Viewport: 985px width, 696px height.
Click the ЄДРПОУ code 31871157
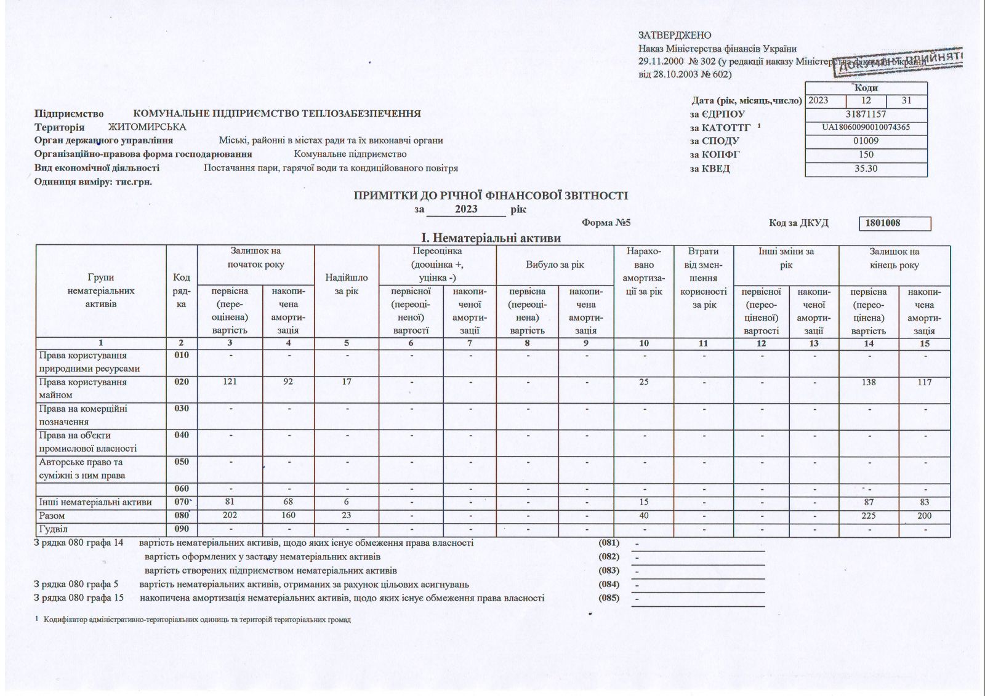tap(866, 114)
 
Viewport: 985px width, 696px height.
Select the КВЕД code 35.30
tap(866, 169)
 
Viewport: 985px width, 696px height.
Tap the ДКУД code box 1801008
tap(895, 223)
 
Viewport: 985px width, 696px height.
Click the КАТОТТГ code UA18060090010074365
tap(866, 127)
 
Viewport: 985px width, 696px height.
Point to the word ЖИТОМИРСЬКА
tap(147, 127)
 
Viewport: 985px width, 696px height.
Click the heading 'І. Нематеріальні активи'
tap(491, 238)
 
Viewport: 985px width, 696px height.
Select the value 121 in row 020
tap(230, 382)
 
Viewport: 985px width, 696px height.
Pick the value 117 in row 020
tap(924, 382)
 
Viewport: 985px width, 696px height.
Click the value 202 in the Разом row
tap(230, 516)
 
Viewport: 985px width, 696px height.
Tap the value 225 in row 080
tap(868, 516)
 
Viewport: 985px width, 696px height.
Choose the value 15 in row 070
tap(644, 502)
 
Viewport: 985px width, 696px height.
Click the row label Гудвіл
tap(54, 529)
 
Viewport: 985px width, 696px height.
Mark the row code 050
tap(182, 462)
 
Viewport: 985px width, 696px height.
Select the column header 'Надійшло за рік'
tap(347, 284)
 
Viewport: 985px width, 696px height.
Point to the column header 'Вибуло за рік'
tap(555, 265)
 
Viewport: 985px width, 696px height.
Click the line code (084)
tap(609, 584)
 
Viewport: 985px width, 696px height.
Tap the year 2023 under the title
tap(466, 209)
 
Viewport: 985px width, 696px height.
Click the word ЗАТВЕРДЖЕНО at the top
tap(675, 36)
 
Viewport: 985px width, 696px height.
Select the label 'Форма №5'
tap(606, 223)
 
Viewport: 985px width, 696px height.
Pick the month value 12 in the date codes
tap(866, 100)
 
